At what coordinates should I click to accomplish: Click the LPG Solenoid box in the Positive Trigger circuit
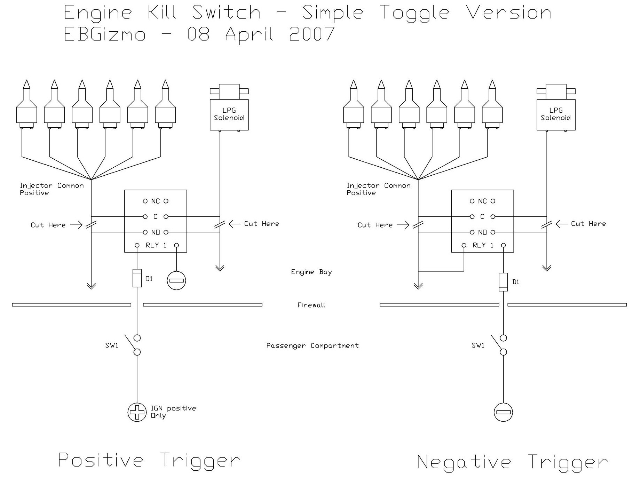point(229,115)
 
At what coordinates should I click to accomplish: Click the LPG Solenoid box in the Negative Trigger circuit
point(556,115)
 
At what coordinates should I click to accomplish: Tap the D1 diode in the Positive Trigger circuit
point(137,278)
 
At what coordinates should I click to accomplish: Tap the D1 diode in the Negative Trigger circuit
point(503,282)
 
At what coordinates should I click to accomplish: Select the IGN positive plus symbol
point(137,412)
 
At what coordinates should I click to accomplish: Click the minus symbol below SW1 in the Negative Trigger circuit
point(503,412)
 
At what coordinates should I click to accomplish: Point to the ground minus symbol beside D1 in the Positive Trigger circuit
point(176,280)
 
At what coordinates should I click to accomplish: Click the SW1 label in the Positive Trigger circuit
point(112,345)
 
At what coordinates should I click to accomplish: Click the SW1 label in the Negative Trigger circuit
point(478,345)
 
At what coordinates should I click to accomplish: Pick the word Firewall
point(311,305)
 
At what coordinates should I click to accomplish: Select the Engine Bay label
point(311,272)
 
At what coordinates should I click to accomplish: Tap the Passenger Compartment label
point(312,346)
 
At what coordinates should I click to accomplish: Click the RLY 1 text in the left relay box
point(156,245)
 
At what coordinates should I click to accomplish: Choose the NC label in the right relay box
point(482,201)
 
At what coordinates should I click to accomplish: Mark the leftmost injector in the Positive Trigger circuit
point(27,105)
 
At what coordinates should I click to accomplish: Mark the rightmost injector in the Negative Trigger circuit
point(492,105)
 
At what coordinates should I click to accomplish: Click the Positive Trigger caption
point(149,460)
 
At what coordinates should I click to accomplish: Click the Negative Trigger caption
point(512,462)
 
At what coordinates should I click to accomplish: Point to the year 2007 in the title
point(312,34)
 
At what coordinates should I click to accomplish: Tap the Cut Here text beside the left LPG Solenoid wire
point(262,224)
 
